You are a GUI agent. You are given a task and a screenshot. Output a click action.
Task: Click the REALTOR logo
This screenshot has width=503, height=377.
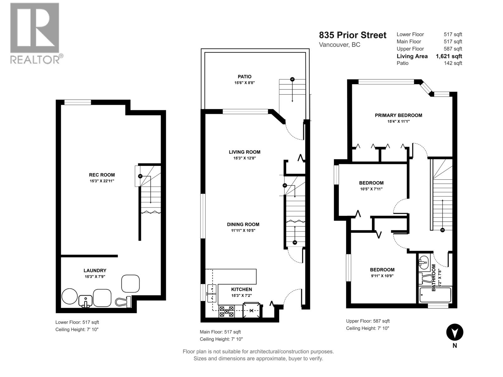(x=35, y=33)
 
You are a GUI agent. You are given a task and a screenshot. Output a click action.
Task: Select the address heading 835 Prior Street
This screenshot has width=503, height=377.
(x=352, y=35)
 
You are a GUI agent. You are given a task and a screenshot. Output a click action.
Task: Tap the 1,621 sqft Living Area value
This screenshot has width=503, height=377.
(x=449, y=56)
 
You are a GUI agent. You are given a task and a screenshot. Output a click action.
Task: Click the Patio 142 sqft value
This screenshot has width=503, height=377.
(x=453, y=63)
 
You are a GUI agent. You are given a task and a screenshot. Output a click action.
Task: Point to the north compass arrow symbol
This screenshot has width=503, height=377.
(x=455, y=332)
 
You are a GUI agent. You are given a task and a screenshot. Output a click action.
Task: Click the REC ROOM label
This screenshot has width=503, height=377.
(x=102, y=175)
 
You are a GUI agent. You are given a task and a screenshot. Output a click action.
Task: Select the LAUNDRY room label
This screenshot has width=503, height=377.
(x=95, y=270)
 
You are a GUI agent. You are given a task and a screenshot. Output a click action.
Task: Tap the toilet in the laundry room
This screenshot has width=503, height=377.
(x=123, y=302)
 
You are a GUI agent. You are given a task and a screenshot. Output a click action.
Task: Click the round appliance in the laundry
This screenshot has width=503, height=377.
(x=69, y=296)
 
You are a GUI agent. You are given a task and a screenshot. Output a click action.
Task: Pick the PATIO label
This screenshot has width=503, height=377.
(x=244, y=77)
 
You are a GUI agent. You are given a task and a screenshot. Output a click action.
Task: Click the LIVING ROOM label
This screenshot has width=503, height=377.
(x=244, y=152)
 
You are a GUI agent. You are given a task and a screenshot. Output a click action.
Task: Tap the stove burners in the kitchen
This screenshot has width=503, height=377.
(x=227, y=311)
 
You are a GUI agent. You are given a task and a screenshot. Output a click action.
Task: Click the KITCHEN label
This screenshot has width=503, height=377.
(x=241, y=289)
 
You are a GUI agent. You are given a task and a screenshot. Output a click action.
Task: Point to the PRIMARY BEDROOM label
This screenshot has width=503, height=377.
(x=398, y=115)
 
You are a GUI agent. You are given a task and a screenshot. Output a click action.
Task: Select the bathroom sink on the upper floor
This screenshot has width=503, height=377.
(x=423, y=261)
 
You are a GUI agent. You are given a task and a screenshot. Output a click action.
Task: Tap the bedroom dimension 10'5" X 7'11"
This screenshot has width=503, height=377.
(x=371, y=189)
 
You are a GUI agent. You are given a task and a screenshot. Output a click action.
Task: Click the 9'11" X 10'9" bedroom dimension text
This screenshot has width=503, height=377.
(x=382, y=276)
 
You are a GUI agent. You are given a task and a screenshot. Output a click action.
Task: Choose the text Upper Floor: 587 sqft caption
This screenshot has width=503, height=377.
(x=368, y=321)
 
